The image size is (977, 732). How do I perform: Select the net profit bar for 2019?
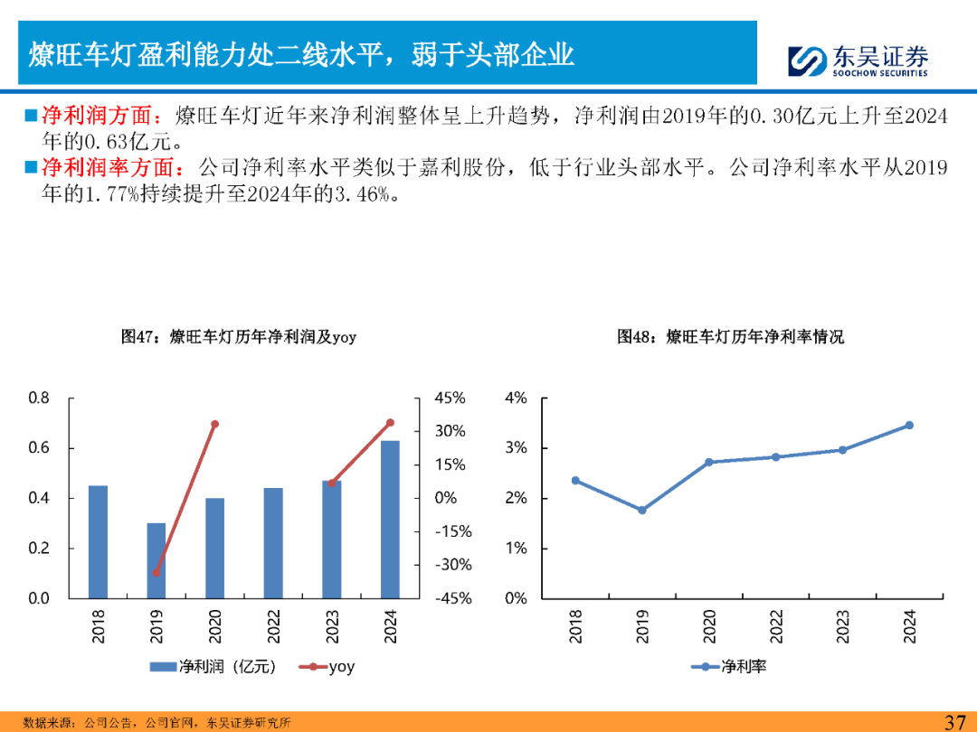pyautogui.click(x=157, y=560)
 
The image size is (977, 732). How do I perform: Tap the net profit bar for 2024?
pyautogui.click(x=390, y=520)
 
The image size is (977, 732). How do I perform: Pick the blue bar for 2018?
pyautogui.click(x=98, y=541)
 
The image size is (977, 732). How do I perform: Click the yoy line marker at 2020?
pyautogui.click(x=215, y=424)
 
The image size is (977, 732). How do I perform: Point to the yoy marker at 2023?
pyautogui.click(x=332, y=483)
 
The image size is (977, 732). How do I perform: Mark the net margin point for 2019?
pyautogui.click(x=642, y=510)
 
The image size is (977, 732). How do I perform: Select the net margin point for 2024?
pyautogui.click(x=909, y=425)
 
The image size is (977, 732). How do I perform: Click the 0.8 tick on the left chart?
pyautogui.click(x=39, y=399)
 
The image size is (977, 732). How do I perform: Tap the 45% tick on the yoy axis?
pyautogui.click(x=450, y=399)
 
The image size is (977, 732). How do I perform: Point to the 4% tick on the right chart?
pyautogui.click(x=516, y=399)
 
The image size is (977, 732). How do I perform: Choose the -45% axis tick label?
pyautogui.click(x=451, y=598)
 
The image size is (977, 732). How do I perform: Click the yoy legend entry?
pyautogui.click(x=329, y=667)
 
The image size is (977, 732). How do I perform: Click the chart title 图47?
pyautogui.click(x=239, y=337)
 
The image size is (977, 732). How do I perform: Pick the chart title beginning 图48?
pyautogui.click(x=730, y=337)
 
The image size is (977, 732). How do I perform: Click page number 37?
pyautogui.click(x=956, y=721)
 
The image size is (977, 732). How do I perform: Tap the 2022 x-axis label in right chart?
pyautogui.click(x=776, y=625)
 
